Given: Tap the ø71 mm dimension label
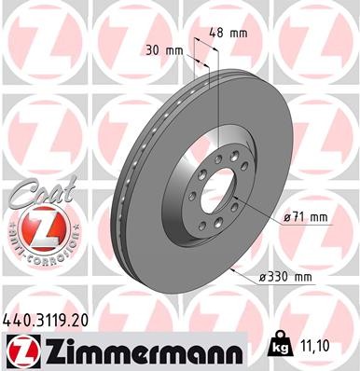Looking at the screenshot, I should tap(309, 217).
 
